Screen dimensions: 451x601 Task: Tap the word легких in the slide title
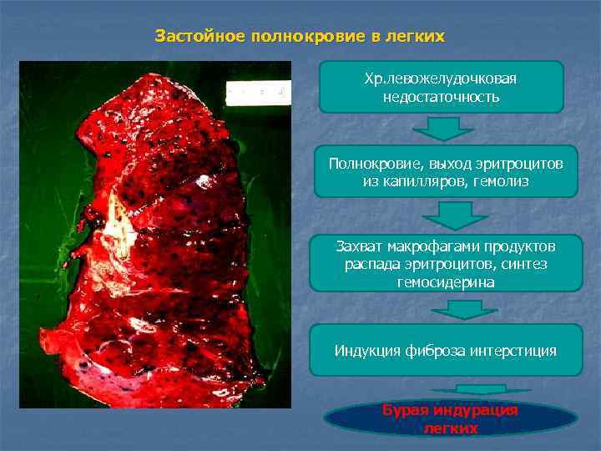pyautogui.click(x=417, y=38)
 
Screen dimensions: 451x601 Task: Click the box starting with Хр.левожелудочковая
pyautogui.click(x=441, y=87)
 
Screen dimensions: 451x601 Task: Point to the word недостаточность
pyautogui.click(x=441, y=97)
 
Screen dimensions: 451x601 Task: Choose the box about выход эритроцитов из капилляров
pyautogui.click(x=441, y=171)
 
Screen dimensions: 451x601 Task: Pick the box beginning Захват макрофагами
pyautogui.click(x=445, y=264)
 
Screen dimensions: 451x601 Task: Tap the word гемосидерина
pyautogui.click(x=446, y=282)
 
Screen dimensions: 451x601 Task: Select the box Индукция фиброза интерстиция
pyautogui.click(x=445, y=350)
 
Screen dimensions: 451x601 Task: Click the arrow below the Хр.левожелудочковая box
pyautogui.click(x=443, y=129)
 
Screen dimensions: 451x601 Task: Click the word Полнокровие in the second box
pyautogui.click(x=367, y=162)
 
